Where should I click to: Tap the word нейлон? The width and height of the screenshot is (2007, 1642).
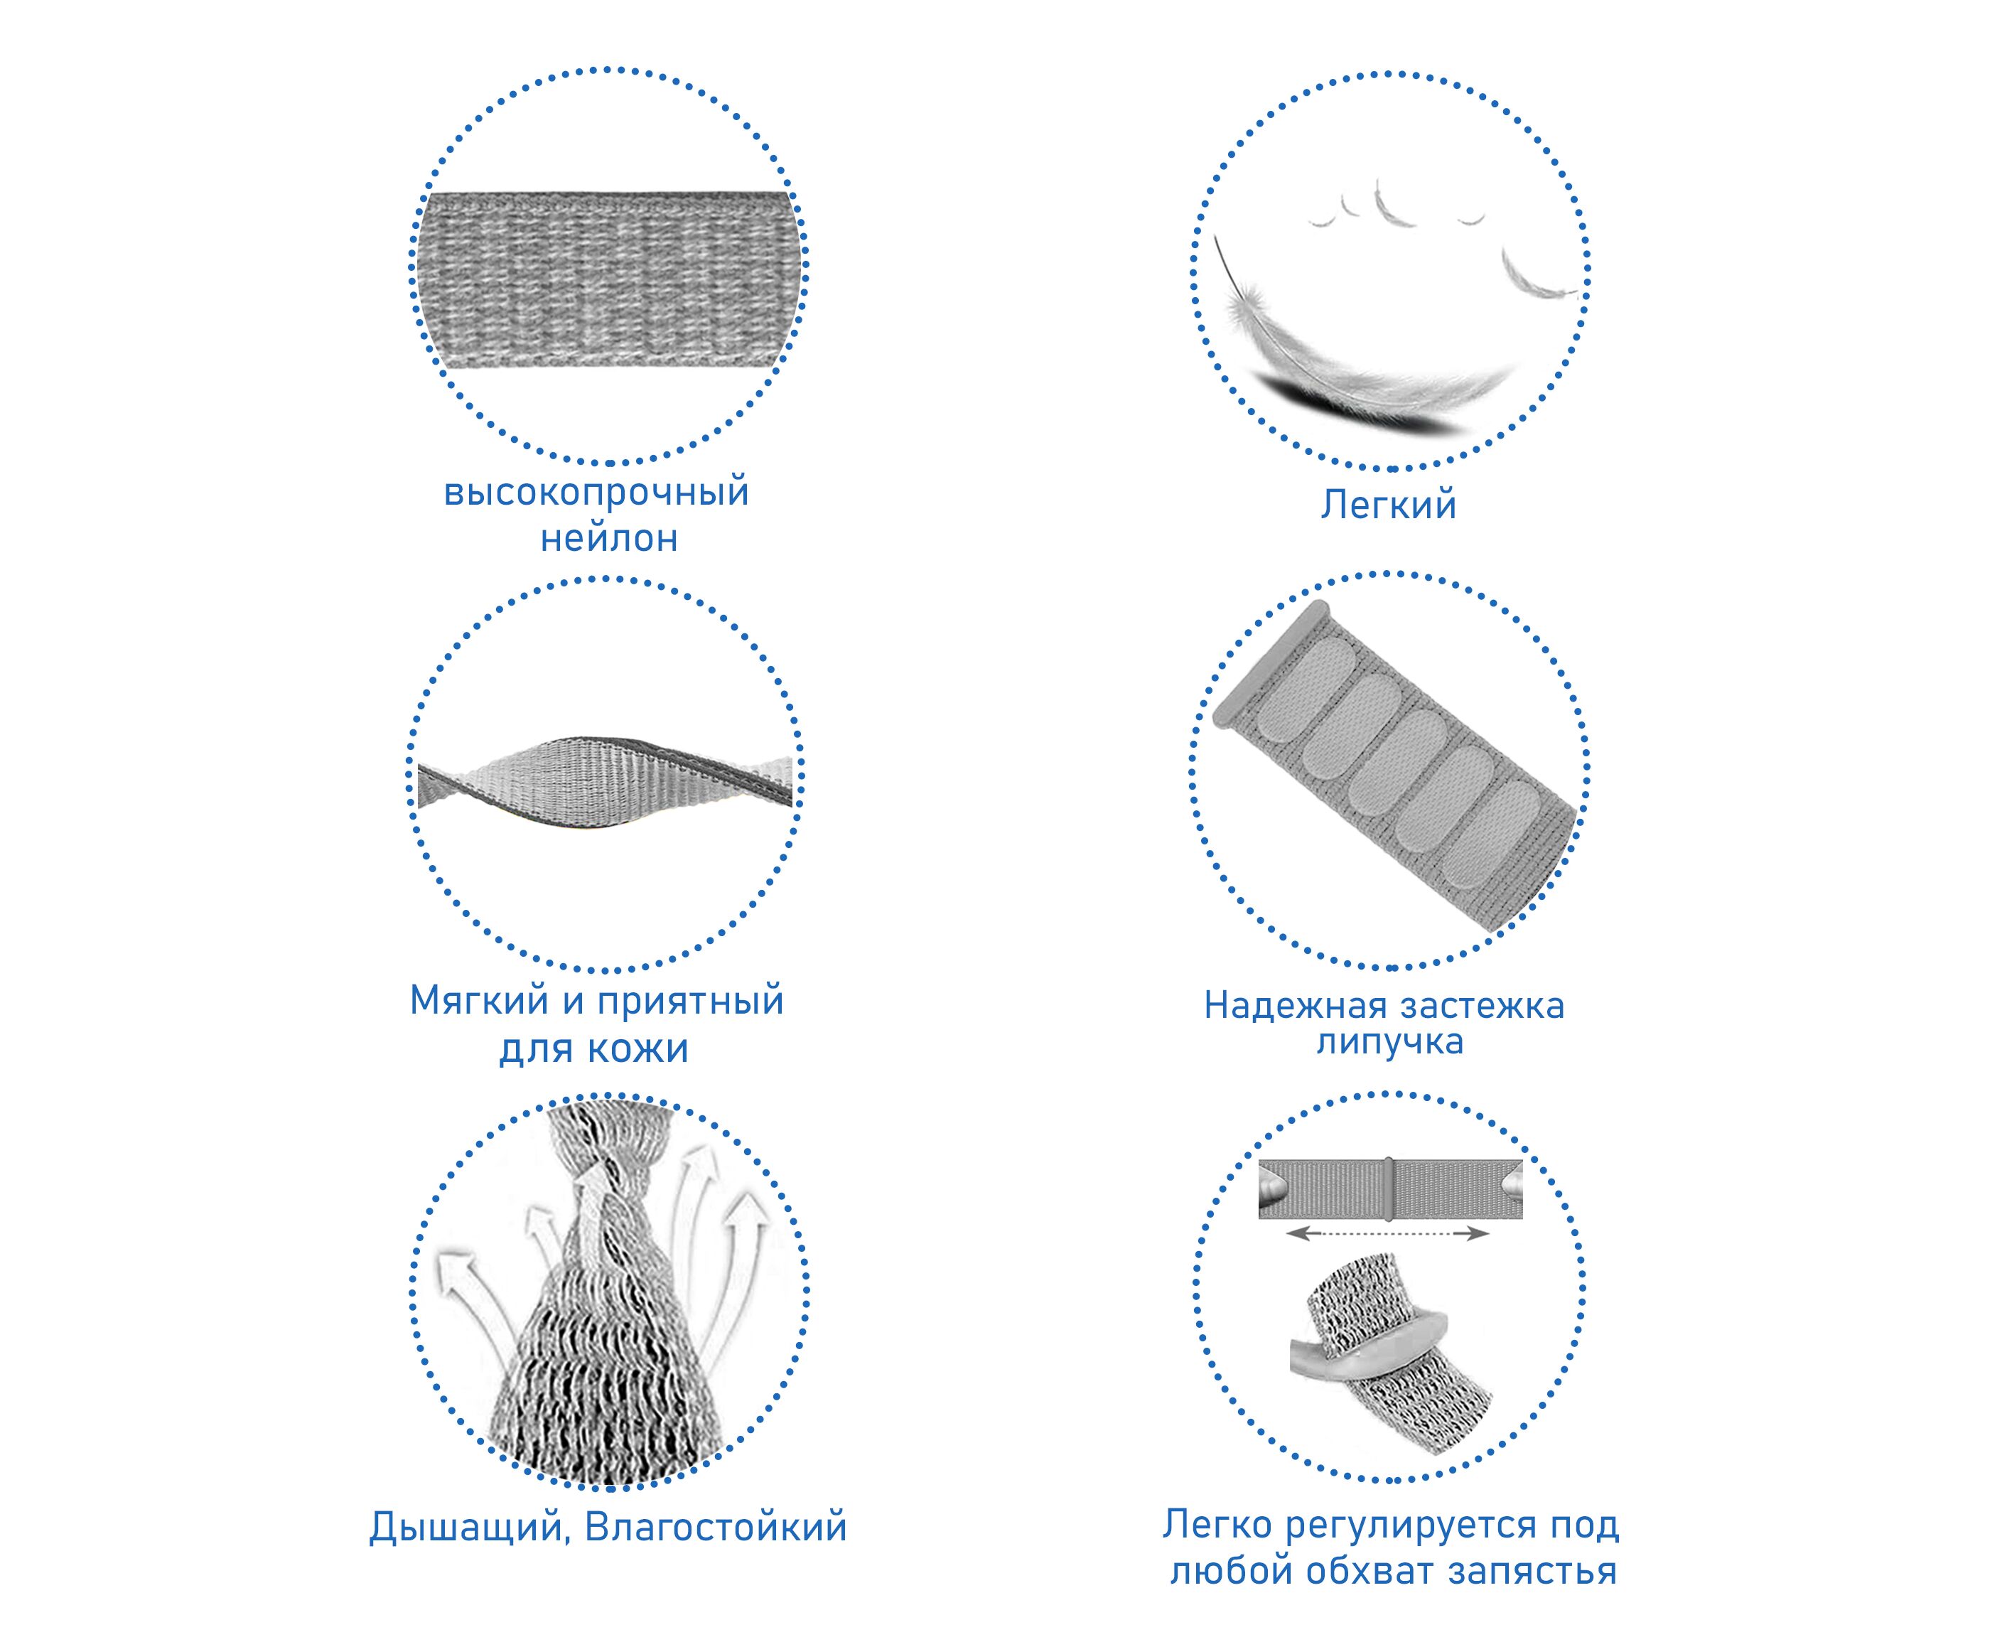[x=609, y=539]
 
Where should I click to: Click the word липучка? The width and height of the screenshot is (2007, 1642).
[x=1389, y=1041]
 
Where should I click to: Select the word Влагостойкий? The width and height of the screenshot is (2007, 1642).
[x=716, y=1528]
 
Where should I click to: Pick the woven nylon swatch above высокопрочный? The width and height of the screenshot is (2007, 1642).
[x=609, y=280]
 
